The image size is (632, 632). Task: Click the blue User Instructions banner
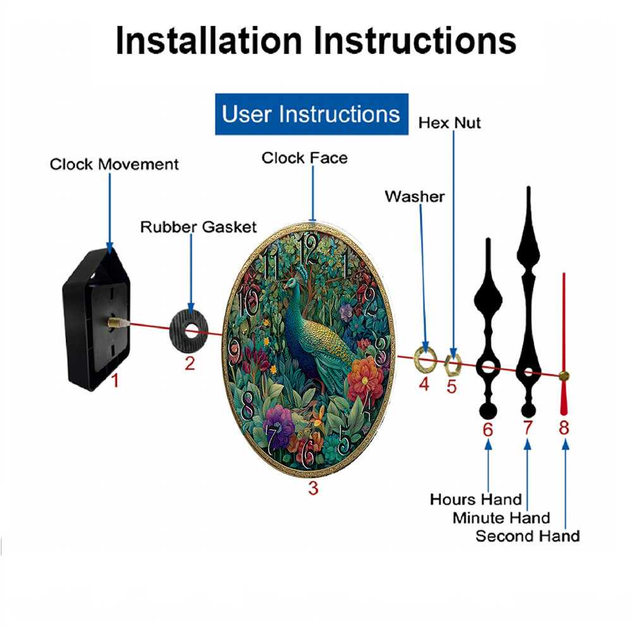pyautogui.click(x=312, y=114)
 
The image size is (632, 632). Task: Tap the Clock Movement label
pyautogui.click(x=114, y=164)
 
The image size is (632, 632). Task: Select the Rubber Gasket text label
pyautogui.click(x=198, y=227)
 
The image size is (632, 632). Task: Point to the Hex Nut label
pyautogui.click(x=449, y=123)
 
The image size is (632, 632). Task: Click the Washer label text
pyautogui.click(x=415, y=197)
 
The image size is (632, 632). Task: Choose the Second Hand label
pyautogui.click(x=528, y=536)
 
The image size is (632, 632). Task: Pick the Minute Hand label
pyautogui.click(x=501, y=518)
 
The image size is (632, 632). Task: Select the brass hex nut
pyautogui.click(x=453, y=365)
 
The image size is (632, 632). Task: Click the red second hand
pyautogui.click(x=564, y=344)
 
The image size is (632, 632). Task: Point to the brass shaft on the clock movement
pyautogui.click(x=115, y=322)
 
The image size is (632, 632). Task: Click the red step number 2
pyautogui.click(x=190, y=363)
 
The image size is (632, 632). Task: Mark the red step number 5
pyautogui.click(x=451, y=387)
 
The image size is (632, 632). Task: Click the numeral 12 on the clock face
pyautogui.click(x=309, y=249)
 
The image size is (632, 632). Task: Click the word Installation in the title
pyautogui.click(x=209, y=40)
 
